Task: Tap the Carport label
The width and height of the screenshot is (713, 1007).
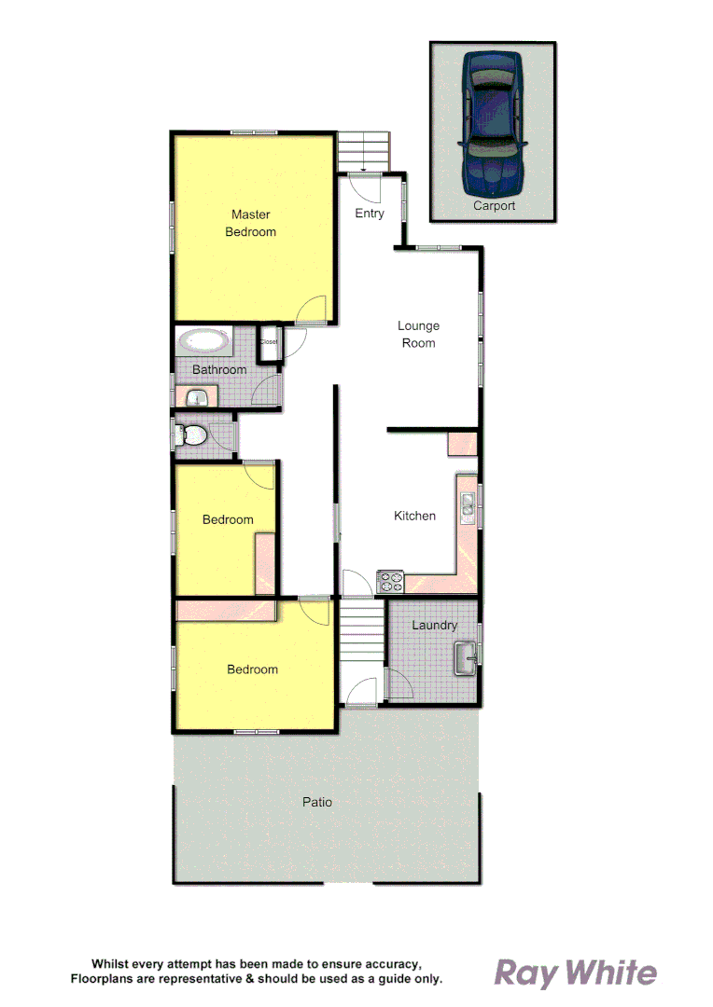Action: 494,206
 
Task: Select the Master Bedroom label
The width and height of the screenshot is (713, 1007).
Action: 250,223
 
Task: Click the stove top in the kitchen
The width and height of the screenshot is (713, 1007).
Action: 390,582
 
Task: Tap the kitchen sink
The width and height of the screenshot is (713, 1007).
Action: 468,504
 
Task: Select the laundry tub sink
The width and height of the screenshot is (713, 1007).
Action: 465,658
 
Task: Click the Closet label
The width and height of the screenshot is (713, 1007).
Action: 269,341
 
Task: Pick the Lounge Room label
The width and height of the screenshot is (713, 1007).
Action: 418,334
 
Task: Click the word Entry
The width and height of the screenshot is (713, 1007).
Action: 370,214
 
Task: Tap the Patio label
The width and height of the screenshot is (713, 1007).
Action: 317,802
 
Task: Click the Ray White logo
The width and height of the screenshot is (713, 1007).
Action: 575,973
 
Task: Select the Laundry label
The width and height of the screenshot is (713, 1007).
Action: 434,625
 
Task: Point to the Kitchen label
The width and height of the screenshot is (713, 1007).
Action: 414,516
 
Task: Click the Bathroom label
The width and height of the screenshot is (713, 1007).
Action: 219,370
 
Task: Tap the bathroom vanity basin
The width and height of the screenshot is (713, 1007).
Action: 195,398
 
